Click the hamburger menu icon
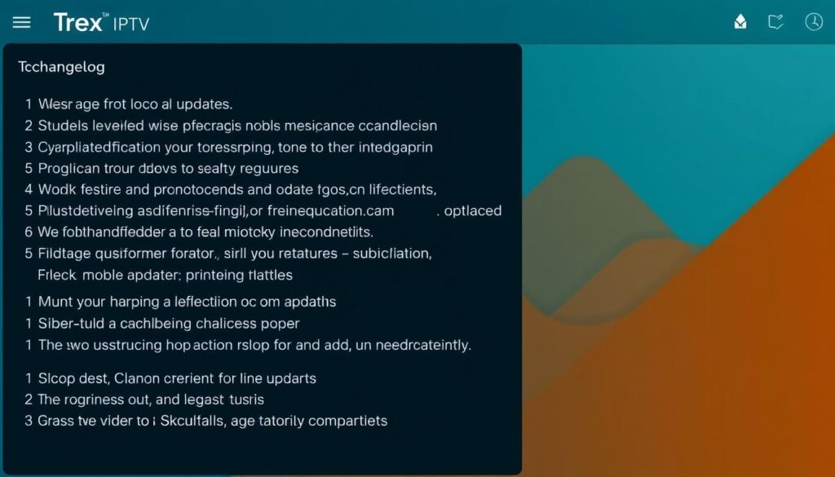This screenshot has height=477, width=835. click(x=21, y=23)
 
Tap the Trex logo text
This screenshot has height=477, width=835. click(x=78, y=23)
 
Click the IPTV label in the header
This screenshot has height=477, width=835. click(x=130, y=24)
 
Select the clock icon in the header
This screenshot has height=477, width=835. click(x=813, y=22)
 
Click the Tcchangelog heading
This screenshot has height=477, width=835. click(x=61, y=67)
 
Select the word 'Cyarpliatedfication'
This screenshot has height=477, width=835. click(x=99, y=148)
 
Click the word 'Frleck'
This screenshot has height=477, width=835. click(x=56, y=275)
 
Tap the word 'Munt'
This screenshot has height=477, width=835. click(x=55, y=302)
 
